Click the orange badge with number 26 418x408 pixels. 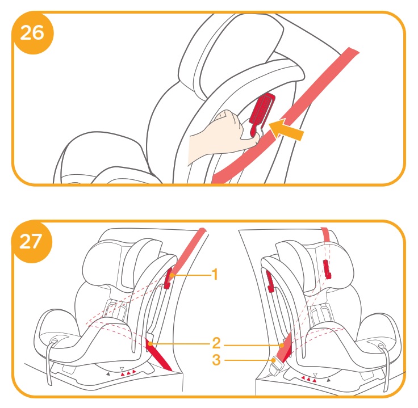coord(32,33)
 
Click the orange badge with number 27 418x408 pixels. coord(31,242)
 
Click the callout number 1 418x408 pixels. coord(215,274)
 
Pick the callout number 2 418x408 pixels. coord(216,343)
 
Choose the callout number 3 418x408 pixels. coord(216,360)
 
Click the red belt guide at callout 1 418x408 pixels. coord(168,279)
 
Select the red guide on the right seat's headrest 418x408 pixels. coord(327,270)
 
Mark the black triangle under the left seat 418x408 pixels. coord(108,374)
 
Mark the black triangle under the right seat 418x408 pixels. coord(329,380)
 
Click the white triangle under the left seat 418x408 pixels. coord(122,369)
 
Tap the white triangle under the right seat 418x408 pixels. coord(315,375)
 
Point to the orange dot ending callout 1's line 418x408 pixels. coord(172,275)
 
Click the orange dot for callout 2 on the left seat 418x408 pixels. coord(151,343)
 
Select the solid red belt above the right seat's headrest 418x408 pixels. coord(325,235)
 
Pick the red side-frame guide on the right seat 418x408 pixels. coord(270,281)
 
